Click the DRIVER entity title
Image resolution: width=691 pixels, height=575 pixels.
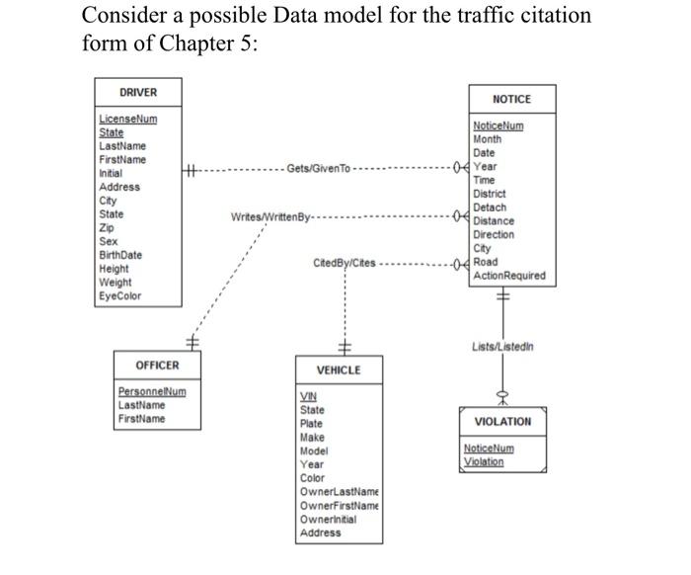[137, 93]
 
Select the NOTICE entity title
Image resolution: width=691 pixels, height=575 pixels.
[510, 99]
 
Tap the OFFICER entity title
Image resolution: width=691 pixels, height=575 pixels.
[157, 366]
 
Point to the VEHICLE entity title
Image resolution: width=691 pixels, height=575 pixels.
[338, 370]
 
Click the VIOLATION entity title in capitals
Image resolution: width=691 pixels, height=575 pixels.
[502, 422]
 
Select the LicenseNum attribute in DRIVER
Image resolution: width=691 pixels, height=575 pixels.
[127, 120]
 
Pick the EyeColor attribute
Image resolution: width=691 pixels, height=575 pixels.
[119, 296]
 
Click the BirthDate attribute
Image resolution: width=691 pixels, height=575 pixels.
[120, 255]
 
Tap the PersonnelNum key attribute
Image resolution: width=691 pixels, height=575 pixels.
[151, 392]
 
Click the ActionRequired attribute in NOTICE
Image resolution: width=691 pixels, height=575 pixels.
[508, 276]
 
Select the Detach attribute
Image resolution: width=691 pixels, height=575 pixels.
[490, 207]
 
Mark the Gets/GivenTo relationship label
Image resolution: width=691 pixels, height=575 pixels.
[318, 169]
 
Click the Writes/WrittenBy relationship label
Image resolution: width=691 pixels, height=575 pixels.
[269, 216]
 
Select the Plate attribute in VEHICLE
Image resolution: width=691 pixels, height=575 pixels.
[311, 424]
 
